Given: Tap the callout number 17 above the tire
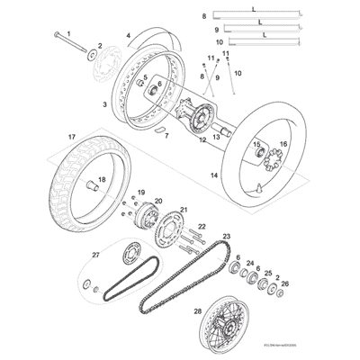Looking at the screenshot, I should pos(69,138).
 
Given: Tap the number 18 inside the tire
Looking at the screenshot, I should pos(101,180).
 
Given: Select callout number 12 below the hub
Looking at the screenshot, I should pos(202,139).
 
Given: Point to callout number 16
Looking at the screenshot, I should pos(283,144).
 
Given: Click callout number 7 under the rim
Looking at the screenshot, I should pos(164,138).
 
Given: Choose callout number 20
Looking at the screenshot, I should pos(158,202).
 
